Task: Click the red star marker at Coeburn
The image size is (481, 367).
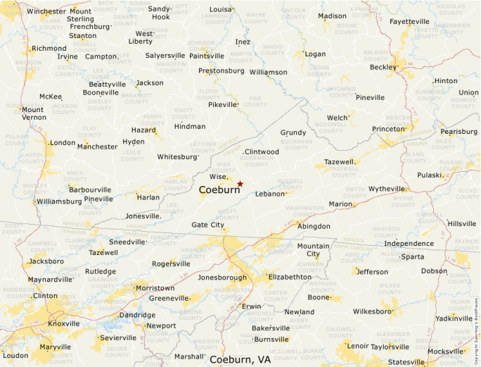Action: click(240, 184)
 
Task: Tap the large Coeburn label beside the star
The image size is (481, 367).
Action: click(219, 190)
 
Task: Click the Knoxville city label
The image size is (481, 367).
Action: click(64, 324)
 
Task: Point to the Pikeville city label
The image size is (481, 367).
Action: click(223, 104)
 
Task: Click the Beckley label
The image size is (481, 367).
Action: click(383, 68)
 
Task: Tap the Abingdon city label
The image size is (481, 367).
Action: click(314, 226)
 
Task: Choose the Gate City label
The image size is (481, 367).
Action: click(208, 225)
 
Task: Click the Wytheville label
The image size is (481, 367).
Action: click(387, 189)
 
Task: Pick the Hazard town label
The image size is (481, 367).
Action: click(143, 130)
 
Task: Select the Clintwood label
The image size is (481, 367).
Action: click(262, 151)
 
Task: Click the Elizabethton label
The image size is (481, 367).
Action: click(290, 277)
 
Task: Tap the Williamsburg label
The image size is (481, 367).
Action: click(59, 201)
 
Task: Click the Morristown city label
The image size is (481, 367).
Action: click(155, 288)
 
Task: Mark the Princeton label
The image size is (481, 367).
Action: click(389, 129)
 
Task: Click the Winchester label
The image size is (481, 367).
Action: click(46, 11)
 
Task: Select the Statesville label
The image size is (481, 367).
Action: click(406, 362)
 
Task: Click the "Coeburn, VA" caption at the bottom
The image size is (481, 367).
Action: click(240, 359)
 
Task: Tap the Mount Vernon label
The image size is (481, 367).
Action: click(33, 113)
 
